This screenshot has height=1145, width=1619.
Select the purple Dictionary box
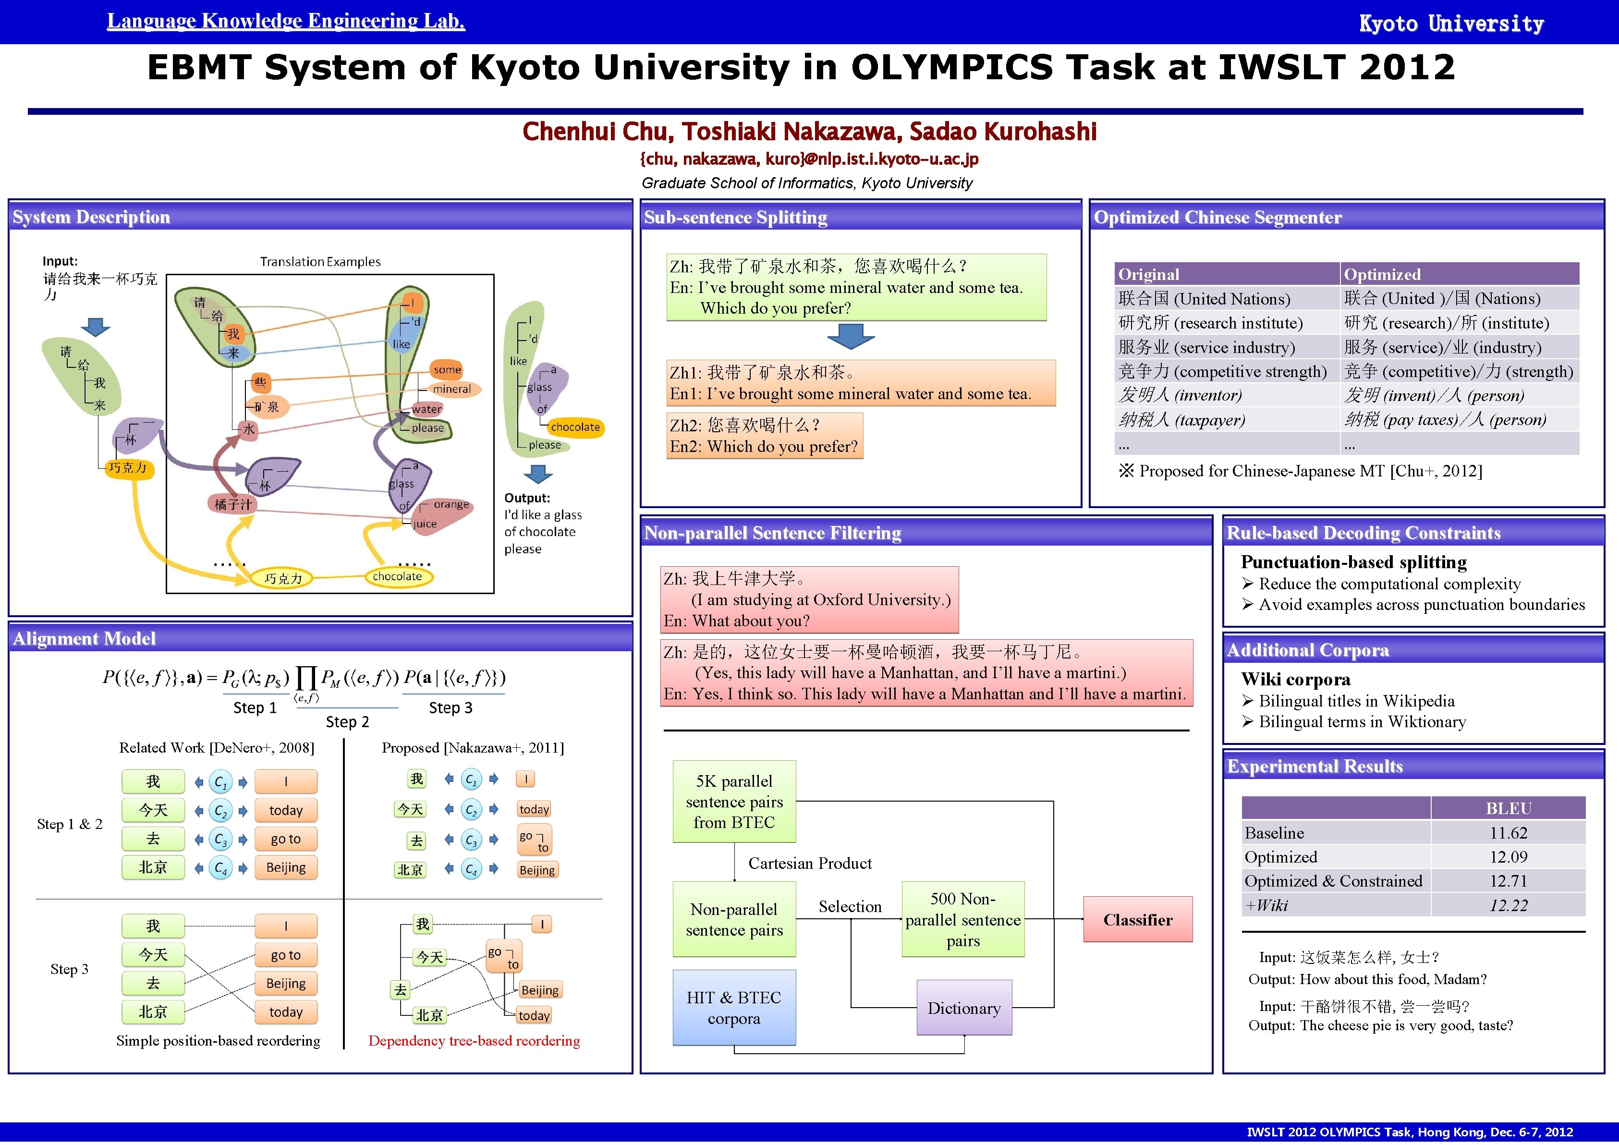[x=964, y=1008]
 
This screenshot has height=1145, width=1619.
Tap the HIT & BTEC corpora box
[x=734, y=1008]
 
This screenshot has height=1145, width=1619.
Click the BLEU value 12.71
[x=1508, y=881]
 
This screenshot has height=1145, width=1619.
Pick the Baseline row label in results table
[x=1274, y=833]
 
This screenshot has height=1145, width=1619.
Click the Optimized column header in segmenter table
[x=1382, y=274]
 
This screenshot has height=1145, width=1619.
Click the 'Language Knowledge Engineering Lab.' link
[x=286, y=21]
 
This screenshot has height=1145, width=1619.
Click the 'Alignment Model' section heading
[x=84, y=638]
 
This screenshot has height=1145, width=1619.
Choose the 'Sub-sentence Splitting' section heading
[x=735, y=217]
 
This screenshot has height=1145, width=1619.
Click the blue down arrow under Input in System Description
[x=96, y=327]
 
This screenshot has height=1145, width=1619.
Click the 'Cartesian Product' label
[x=810, y=863]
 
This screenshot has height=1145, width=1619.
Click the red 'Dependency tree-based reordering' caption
[x=474, y=1041]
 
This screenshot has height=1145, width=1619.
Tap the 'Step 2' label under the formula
[x=347, y=721]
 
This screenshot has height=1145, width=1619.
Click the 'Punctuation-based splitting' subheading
[x=1353, y=562]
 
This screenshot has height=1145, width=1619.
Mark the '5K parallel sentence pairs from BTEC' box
[x=734, y=802]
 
